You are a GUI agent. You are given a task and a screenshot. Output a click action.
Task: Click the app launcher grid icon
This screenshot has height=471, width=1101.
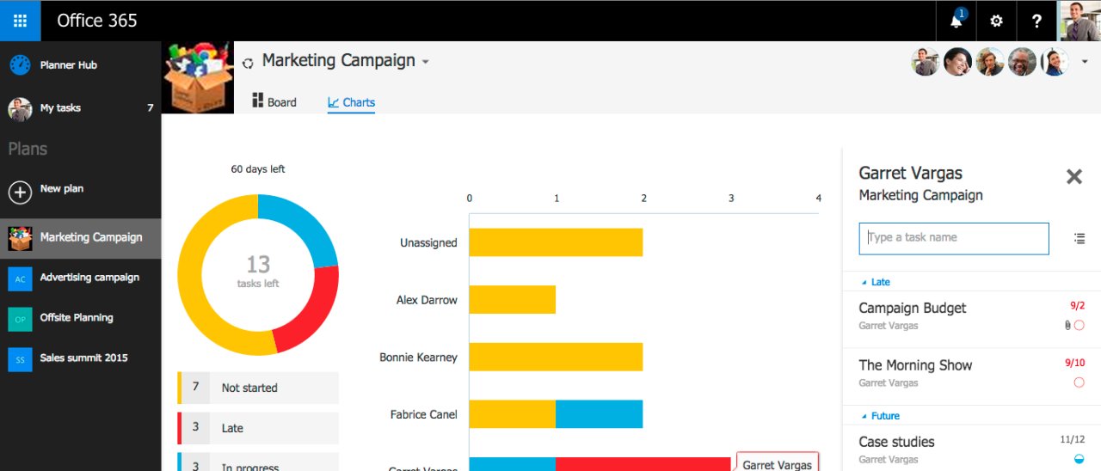20,21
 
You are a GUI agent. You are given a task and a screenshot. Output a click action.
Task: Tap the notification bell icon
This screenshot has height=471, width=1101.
956,21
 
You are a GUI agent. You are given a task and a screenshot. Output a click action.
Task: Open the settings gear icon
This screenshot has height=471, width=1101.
996,21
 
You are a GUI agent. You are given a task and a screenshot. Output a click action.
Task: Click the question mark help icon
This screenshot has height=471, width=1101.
1036,21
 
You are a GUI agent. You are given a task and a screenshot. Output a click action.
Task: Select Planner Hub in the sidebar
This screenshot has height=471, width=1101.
68,65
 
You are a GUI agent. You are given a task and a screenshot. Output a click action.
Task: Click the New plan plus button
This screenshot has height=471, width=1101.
20,192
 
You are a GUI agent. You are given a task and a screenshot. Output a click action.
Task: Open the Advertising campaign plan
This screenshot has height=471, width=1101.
89,278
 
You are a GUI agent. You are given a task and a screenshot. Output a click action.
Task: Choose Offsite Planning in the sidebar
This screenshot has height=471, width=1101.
76,318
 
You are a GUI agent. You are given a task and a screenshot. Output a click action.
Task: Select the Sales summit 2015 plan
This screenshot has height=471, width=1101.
83,358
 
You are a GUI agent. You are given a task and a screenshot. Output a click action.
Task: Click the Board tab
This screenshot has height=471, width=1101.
274,102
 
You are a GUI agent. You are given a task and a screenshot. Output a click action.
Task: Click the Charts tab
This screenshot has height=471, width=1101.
351,102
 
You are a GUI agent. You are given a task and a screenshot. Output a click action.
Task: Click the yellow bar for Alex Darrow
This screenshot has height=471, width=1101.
512,300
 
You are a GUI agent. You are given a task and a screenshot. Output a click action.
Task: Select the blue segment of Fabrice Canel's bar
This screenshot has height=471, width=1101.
599,414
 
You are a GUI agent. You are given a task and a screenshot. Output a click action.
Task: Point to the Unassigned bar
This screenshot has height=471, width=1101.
555,242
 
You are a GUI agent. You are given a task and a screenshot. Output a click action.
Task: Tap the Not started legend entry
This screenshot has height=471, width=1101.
258,388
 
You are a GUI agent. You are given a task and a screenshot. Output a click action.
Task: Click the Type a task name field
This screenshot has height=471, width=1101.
953,238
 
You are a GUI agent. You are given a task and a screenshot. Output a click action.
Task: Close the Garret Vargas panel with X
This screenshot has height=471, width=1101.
1073,177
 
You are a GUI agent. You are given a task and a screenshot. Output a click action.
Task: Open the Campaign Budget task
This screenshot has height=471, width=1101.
912,309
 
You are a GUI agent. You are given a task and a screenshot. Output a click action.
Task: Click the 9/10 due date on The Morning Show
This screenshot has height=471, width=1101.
1074,363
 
